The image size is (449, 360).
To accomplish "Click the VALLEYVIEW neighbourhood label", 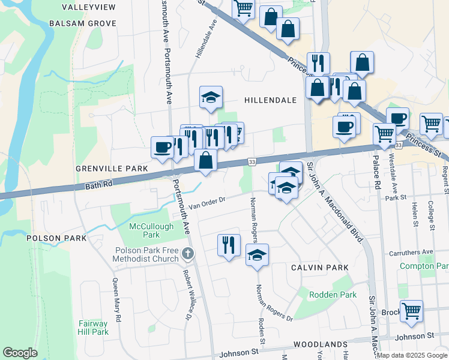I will [x=89, y=7].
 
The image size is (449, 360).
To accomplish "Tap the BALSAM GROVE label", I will [x=82, y=23].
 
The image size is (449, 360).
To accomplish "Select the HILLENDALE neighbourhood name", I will [x=271, y=100].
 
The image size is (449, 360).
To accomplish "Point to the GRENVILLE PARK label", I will [x=112, y=169].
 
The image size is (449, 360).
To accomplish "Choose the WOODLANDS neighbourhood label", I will [x=321, y=345].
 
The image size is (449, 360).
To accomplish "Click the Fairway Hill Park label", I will [x=93, y=328].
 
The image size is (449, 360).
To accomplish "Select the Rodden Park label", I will [x=333, y=295].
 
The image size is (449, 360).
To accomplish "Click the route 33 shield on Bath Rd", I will [x=252, y=162].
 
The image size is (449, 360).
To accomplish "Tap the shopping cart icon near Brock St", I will [x=411, y=311].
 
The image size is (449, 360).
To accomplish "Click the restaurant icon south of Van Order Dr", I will [x=229, y=244].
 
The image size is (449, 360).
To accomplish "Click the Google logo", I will [x=20, y=353].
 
